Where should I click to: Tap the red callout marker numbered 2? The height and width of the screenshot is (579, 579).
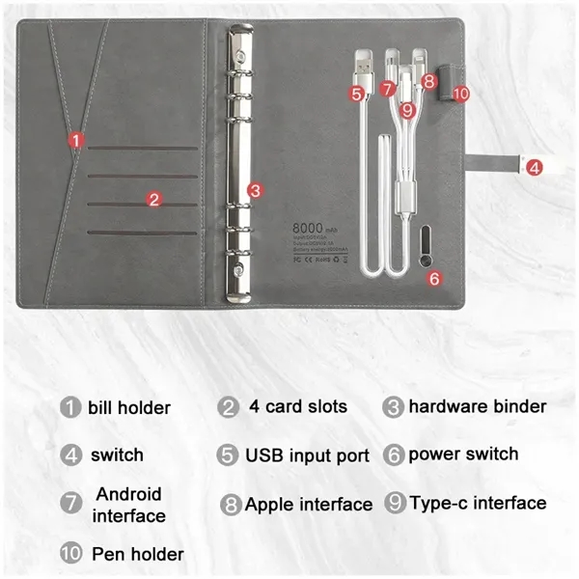point(153,200)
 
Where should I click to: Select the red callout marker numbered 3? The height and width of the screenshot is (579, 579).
point(255,190)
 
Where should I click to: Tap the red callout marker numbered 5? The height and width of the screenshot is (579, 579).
point(358,94)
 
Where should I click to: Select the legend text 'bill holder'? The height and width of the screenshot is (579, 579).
point(128,407)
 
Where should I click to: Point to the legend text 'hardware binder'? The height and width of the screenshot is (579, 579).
point(478,406)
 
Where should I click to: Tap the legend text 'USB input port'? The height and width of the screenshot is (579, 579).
point(307,455)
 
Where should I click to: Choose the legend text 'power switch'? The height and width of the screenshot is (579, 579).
point(463,454)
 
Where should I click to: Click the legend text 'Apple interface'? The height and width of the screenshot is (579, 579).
point(309,504)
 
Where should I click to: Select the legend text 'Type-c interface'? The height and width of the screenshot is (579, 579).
point(478,503)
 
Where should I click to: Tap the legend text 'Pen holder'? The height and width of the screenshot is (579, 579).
point(137,554)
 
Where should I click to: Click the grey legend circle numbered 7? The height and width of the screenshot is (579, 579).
point(70,504)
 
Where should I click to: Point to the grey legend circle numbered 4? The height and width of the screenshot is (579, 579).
point(70,455)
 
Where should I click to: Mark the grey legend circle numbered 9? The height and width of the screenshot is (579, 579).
point(394,503)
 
